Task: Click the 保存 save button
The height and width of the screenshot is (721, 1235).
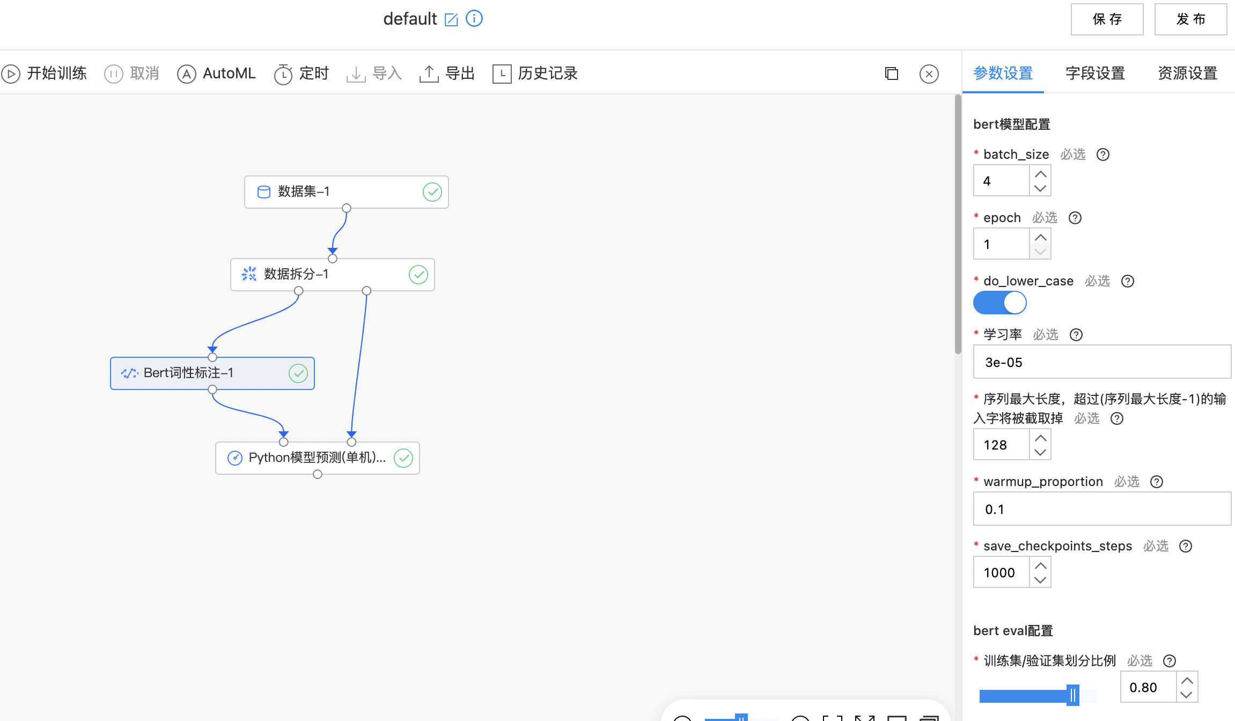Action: [1107, 19]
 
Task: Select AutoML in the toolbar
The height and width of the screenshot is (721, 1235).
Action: [216, 73]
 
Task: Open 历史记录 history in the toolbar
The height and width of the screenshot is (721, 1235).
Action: [535, 73]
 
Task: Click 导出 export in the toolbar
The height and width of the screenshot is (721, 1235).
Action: [447, 73]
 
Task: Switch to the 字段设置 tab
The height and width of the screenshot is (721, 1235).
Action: [1095, 73]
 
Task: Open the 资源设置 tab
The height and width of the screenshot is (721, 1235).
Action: [1187, 73]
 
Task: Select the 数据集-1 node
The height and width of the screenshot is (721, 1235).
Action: [347, 192]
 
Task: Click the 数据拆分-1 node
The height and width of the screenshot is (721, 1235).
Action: [333, 275]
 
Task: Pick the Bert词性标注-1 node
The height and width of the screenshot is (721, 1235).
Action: [212, 373]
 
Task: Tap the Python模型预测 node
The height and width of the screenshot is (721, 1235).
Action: [318, 458]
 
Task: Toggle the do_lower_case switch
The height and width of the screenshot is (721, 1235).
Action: [1000, 303]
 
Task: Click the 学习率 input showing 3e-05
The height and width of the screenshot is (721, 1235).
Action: [1102, 362]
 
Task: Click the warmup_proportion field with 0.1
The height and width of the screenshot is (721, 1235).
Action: [1102, 509]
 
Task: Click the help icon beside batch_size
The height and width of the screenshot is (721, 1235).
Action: [1103, 154]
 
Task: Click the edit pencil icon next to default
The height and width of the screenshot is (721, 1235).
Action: [451, 20]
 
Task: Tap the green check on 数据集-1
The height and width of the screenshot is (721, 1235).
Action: [432, 192]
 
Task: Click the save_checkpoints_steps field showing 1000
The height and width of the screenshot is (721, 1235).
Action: [1001, 572]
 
